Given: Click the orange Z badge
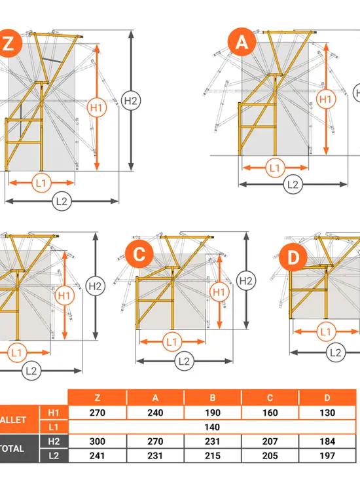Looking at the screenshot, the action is [9, 43].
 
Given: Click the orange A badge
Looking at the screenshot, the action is [242, 42].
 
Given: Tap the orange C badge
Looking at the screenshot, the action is [139, 254].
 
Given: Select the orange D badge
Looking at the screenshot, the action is [293, 257].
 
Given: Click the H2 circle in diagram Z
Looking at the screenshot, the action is [130, 100].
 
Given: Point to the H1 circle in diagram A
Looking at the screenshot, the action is [325, 100].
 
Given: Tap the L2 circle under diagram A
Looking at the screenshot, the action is [293, 185].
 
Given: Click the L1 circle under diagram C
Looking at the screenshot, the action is [171, 342].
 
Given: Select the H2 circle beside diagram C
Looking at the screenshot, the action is [246, 281].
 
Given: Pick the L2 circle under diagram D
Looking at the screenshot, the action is [336, 352].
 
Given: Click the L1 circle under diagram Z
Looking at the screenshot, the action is [41, 183].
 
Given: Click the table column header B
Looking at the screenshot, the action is [213, 398].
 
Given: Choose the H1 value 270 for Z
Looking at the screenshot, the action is [98, 413].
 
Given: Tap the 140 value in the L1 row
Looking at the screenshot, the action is [212, 427].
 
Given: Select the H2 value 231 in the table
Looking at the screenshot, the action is [213, 441].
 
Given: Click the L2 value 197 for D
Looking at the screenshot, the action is [327, 456].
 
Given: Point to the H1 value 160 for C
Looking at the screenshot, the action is [270, 413].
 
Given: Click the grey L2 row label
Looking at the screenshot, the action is [54, 456].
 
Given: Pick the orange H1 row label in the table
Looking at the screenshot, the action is [54, 413].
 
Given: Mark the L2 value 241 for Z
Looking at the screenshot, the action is [98, 456].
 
